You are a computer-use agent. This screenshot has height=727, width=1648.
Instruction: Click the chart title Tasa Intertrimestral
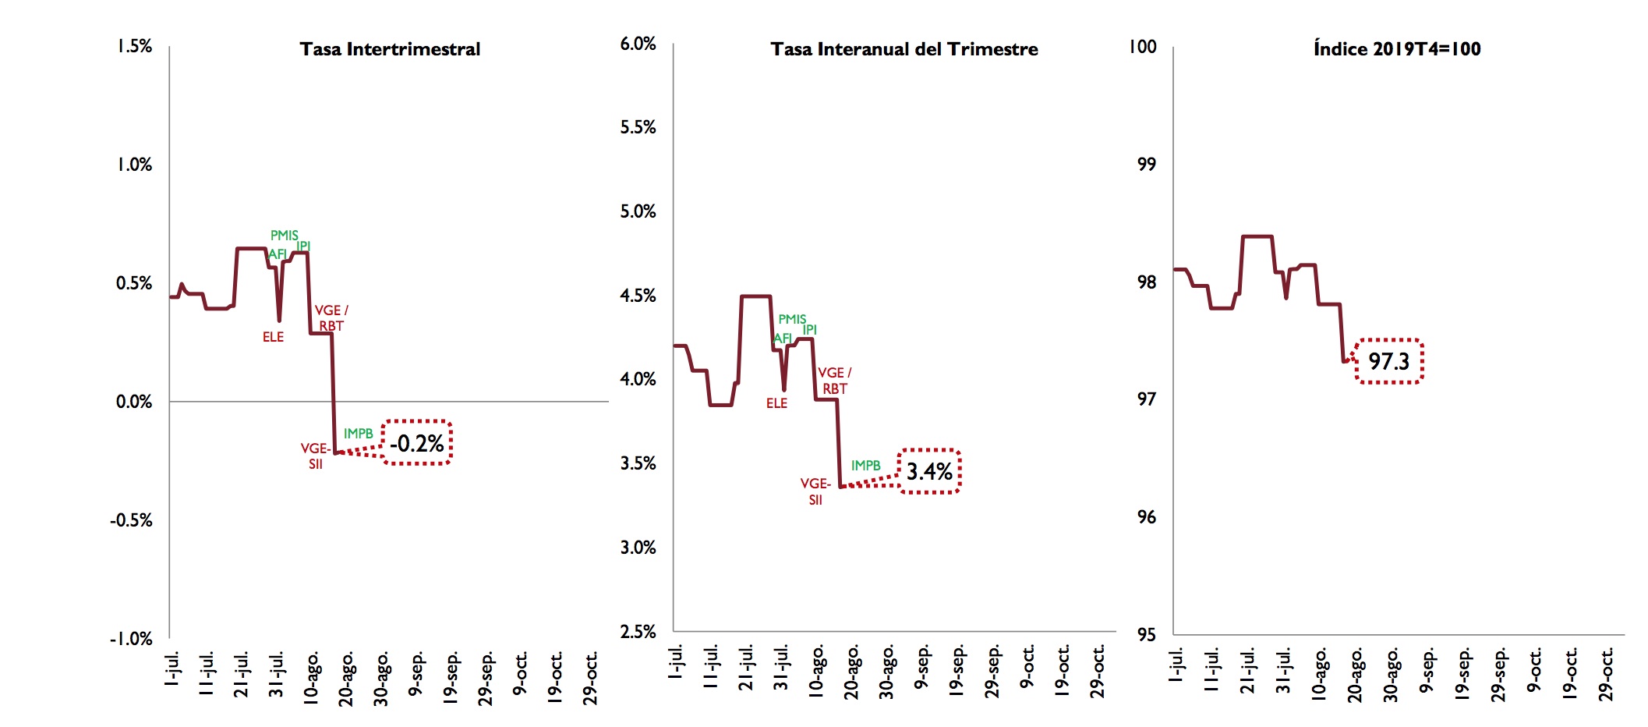(390, 49)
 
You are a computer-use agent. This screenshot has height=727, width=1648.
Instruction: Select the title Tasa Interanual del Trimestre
(904, 49)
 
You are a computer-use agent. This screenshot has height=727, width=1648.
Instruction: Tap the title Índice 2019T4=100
(1397, 49)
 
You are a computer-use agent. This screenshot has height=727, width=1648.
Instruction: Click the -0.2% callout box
(417, 443)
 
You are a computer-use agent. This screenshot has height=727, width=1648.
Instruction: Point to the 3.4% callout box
(929, 471)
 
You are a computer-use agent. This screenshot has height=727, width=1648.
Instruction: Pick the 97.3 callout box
(1389, 361)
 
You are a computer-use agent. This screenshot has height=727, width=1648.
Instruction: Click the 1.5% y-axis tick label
(135, 46)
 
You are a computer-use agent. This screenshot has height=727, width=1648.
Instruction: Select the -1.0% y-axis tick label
(131, 639)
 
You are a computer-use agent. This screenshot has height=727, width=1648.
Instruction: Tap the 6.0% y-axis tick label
(638, 44)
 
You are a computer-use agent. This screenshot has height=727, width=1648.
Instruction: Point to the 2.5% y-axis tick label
(638, 631)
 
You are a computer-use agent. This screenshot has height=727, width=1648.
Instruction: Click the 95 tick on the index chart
(1146, 634)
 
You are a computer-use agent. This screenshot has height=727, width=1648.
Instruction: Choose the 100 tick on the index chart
(1143, 46)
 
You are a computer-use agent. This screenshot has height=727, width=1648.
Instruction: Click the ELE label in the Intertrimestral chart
(273, 337)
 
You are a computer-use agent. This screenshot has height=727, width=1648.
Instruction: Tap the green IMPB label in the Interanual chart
(865, 466)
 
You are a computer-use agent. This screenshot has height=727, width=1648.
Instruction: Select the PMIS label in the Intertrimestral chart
(284, 235)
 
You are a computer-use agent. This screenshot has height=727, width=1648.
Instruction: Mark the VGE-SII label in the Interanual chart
(815, 491)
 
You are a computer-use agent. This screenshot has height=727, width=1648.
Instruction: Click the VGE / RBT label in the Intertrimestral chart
(331, 317)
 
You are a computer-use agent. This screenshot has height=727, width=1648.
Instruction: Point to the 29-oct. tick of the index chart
(1606, 675)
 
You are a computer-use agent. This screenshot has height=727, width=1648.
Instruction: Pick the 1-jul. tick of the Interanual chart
(676, 661)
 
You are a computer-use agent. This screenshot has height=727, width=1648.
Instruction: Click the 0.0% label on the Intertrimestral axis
(134, 402)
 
